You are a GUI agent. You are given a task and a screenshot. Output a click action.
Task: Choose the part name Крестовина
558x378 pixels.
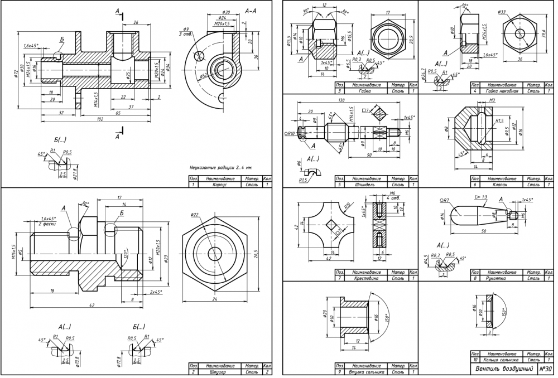tap(366, 277)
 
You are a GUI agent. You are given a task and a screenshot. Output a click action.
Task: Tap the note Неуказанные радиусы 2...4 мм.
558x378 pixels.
tap(221, 167)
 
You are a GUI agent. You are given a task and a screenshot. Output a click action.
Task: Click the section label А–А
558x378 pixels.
tap(251, 11)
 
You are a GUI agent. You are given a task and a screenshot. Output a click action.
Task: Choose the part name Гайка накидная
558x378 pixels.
tap(496, 90)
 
